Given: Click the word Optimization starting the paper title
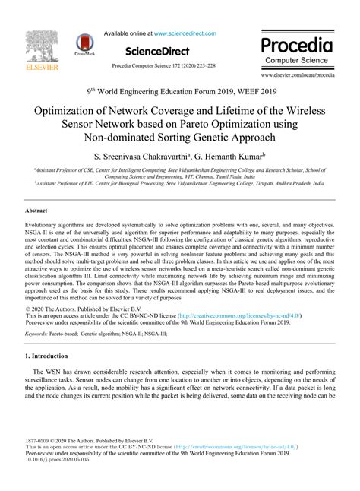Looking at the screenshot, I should (72, 111).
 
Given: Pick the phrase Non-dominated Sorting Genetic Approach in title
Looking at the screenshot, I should (180, 138).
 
